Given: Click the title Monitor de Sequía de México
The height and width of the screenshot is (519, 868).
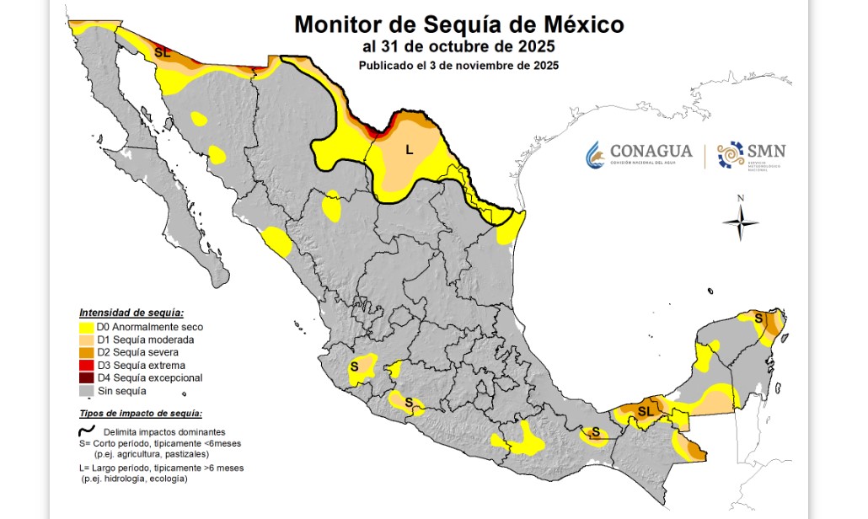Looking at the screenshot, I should coord(459,24).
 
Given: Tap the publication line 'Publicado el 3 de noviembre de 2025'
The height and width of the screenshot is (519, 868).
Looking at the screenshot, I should coord(458,65).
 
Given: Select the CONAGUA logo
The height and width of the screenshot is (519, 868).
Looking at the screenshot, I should coord(639,153).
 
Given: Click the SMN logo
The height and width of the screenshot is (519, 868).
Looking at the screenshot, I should coord(752,154).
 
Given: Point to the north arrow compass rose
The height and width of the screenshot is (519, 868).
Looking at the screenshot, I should coord(740,222).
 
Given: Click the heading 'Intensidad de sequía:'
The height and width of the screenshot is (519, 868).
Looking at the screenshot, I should coord(131,313).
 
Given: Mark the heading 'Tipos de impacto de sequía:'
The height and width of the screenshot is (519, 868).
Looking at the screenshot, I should coord(140,414).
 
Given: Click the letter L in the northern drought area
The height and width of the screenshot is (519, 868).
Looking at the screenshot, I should coord(410,151).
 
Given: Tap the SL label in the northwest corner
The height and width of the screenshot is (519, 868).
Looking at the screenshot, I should coord(163,52).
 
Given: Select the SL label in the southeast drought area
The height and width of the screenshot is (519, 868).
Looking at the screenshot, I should coord(646,411).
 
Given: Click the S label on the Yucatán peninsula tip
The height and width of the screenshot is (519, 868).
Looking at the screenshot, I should coord(758,318).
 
